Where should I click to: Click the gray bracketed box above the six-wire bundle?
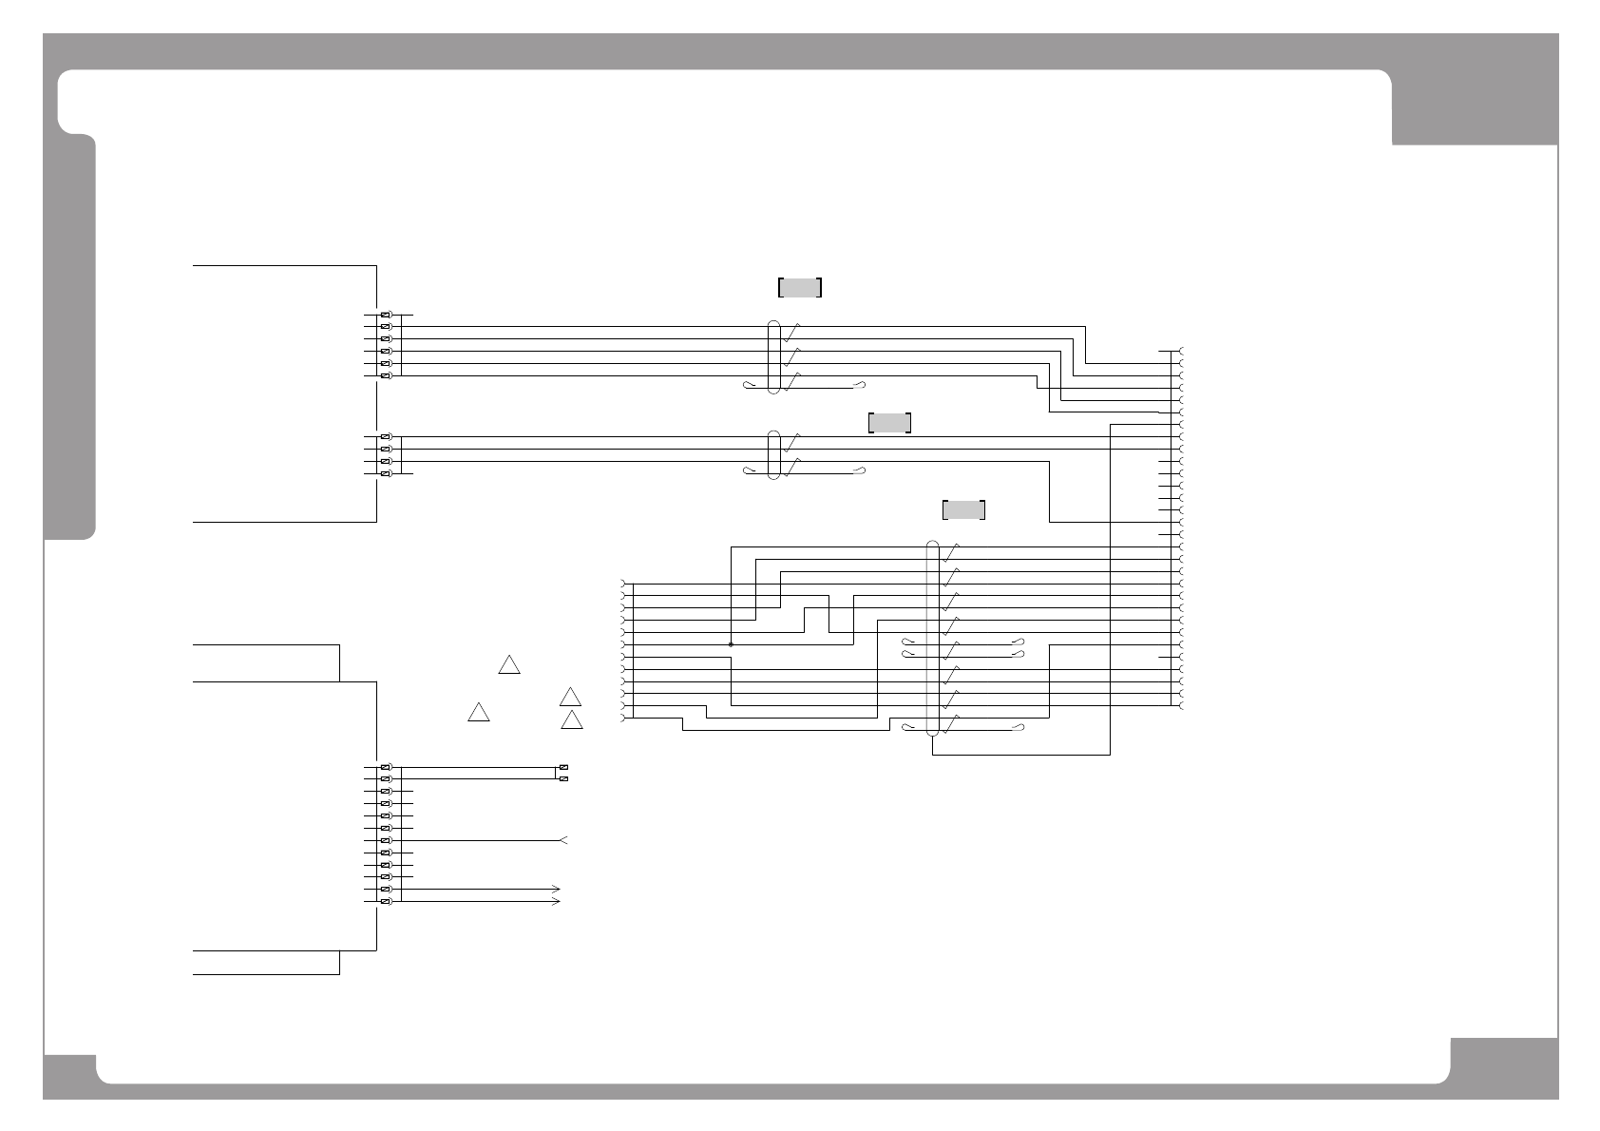[x=799, y=287]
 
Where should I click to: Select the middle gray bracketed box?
[x=889, y=423]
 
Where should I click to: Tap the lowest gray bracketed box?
[x=963, y=509]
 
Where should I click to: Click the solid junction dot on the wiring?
[x=731, y=644]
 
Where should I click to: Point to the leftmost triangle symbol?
[x=478, y=713]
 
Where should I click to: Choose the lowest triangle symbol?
[x=571, y=721]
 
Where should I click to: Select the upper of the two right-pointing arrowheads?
[x=556, y=889]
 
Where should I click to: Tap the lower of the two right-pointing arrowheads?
[x=556, y=901]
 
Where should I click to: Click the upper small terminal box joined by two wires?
[x=564, y=767]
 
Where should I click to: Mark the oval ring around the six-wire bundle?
[x=773, y=357]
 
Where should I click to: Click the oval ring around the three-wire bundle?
[x=773, y=455]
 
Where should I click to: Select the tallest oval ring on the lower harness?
[x=932, y=639]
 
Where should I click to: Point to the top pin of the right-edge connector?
[x=1181, y=352]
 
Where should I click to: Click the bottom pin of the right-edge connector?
[x=1181, y=706]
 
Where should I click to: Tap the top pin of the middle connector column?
[x=624, y=584]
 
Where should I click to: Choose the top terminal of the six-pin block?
[x=386, y=315]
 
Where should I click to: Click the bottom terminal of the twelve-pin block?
[x=386, y=901]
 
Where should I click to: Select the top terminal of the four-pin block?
[x=386, y=437]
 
